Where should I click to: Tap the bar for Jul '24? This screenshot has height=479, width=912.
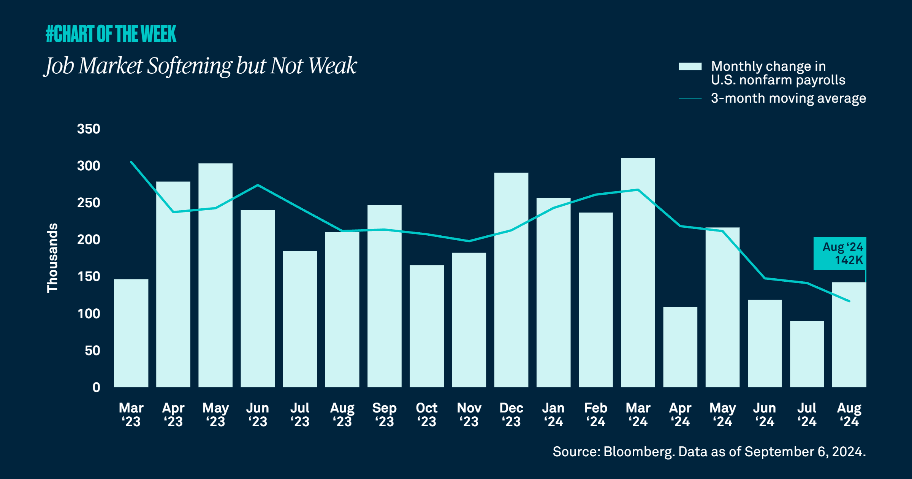click(807, 354)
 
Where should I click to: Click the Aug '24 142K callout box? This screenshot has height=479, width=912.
click(839, 254)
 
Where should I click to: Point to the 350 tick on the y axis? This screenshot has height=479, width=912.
click(89, 129)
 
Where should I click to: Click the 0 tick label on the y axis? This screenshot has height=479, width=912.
click(96, 387)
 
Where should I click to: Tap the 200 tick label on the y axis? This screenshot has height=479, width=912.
click(89, 240)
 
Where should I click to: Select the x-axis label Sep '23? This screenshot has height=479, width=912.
click(384, 414)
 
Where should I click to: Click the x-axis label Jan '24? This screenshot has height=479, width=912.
click(553, 414)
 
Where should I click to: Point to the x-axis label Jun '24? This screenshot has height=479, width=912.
click(765, 414)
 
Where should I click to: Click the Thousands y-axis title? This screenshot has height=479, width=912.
click(52, 258)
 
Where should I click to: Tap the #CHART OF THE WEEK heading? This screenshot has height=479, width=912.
click(111, 33)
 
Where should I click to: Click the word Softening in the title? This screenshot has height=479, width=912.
click(189, 66)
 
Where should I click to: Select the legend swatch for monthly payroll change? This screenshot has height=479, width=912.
click(690, 67)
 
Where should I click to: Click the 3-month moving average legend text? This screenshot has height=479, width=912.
click(788, 98)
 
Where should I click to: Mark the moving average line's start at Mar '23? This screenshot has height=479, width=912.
click(131, 162)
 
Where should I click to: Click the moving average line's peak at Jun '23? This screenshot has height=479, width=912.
click(258, 185)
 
